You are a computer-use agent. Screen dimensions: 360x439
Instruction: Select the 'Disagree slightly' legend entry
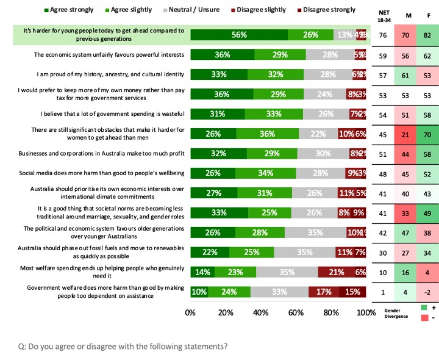[263, 10]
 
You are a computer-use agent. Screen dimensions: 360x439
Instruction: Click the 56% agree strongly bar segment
[239, 35]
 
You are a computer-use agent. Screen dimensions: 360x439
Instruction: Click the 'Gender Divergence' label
[401, 313]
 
